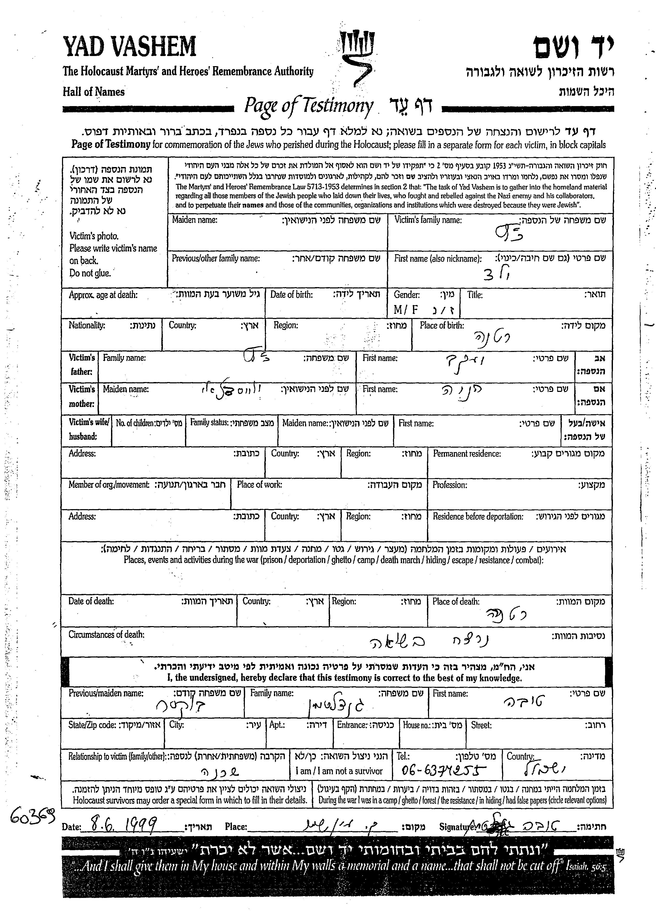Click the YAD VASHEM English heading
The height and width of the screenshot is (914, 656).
(x=129, y=47)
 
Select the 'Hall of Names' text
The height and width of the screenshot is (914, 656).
(x=93, y=92)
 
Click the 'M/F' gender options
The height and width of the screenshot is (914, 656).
(x=405, y=309)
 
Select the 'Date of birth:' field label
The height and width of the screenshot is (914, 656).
(x=291, y=295)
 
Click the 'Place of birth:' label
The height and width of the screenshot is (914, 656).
(x=442, y=326)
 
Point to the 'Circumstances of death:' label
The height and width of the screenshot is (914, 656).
(x=106, y=635)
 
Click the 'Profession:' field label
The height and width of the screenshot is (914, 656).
(x=450, y=485)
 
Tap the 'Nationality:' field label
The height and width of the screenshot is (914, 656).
(x=87, y=325)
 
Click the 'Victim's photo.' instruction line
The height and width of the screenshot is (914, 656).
(x=94, y=236)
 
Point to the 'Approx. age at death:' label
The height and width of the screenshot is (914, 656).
(x=103, y=295)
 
